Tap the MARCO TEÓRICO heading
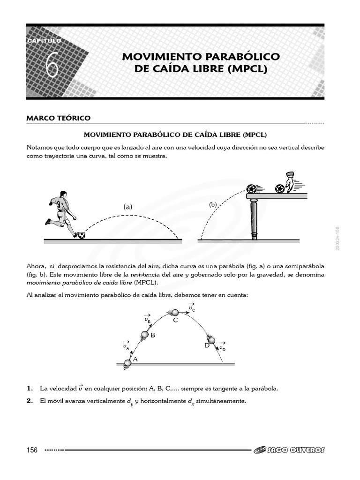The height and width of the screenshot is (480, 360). [x=59, y=118]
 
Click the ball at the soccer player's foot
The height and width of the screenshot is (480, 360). [x=81, y=235]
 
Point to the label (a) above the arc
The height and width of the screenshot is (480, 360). [x=128, y=206]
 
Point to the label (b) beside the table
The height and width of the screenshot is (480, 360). [x=213, y=205]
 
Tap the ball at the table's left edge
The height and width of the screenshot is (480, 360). [x=252, y=189]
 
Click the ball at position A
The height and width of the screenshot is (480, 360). [x=127, y=363]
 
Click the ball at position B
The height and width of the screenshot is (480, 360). [x=145, y=334]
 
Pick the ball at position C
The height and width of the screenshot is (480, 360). [x=175, y=312]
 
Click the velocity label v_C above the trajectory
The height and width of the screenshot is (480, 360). [x=192, y=307]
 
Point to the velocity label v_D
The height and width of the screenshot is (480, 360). [x=222, y=346]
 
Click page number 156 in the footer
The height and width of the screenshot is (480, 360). [x=32, y=450]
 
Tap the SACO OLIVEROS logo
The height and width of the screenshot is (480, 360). [x=289, y=450]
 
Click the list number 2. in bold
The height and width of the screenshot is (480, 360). [x=30, y=401]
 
